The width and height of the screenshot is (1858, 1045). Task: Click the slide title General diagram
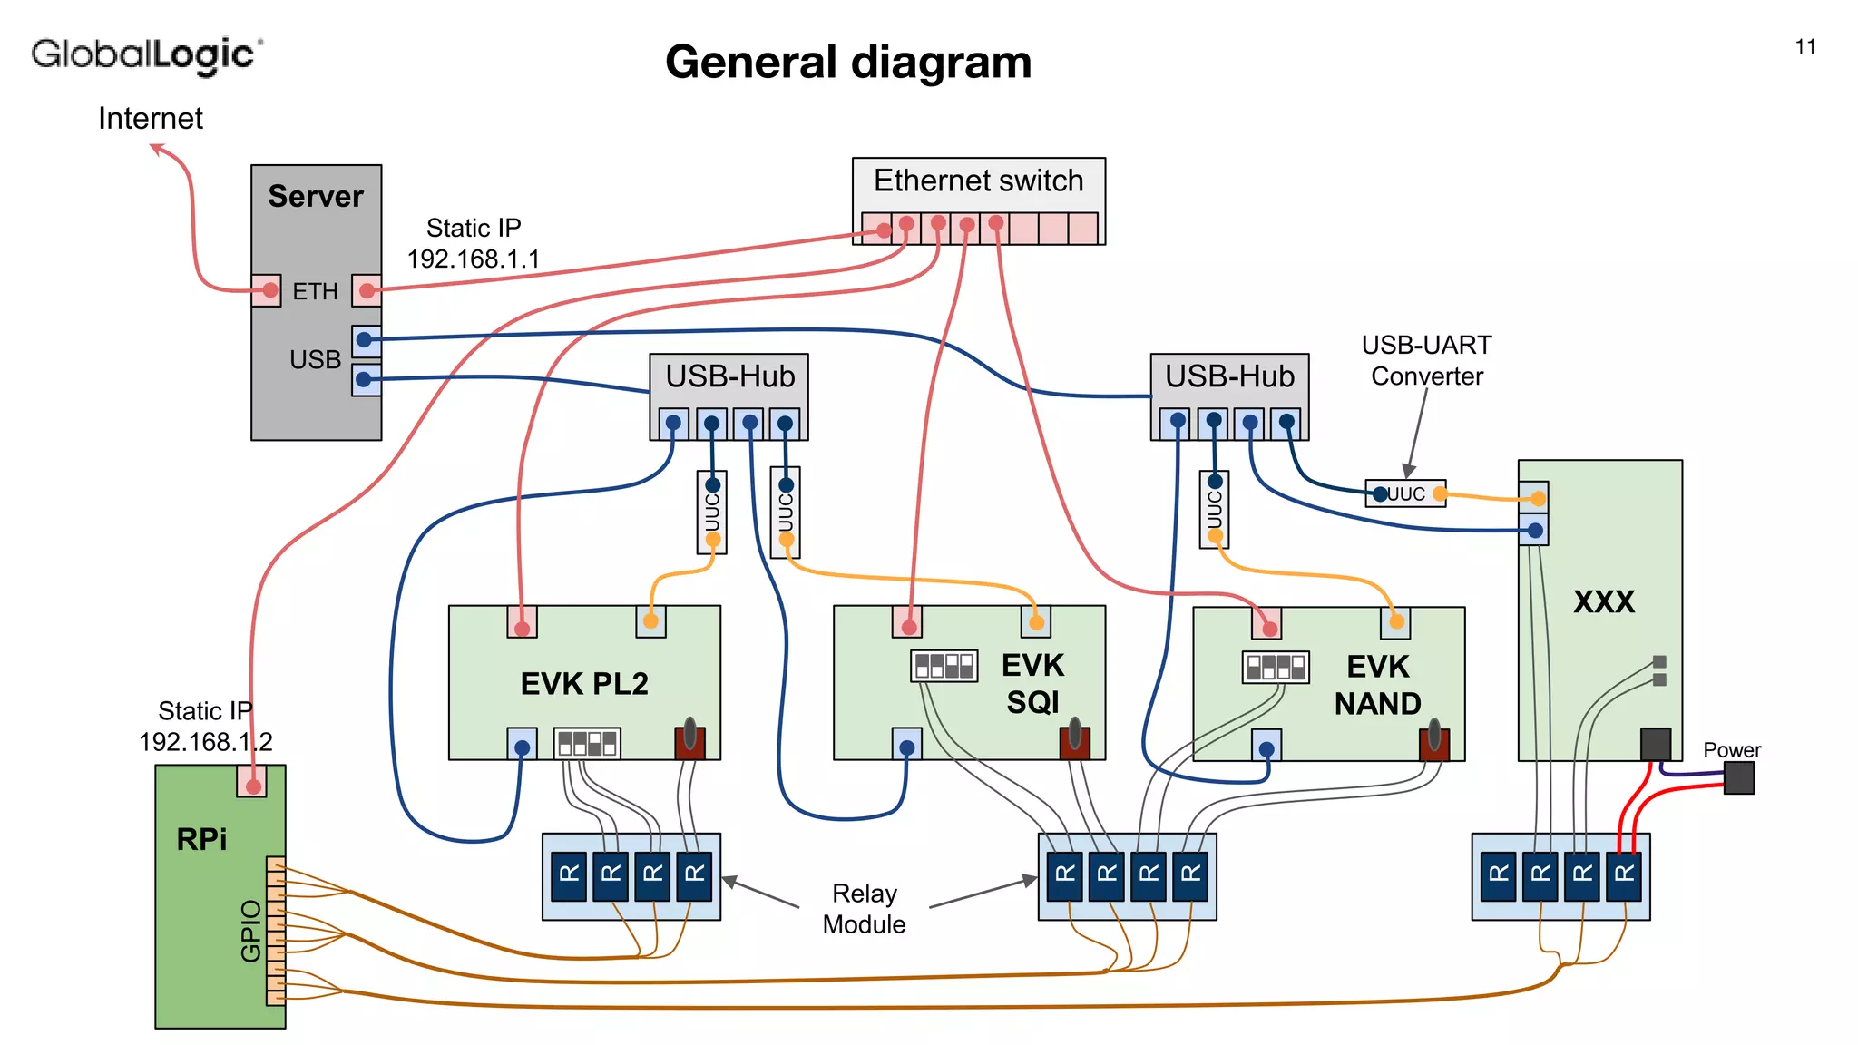[x=847, y=63]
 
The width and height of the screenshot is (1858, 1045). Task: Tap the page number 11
[x=1804, y=47]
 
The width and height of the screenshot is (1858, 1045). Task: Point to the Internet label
[x=150, y=119]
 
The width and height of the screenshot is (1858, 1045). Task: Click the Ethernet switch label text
[x=978, y=181]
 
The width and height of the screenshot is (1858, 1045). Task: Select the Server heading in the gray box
[x=315, y=197]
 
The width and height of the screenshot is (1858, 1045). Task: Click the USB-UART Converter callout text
[x=1426, y=360]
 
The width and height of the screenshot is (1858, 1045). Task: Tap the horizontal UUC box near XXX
[x=1405, y=494]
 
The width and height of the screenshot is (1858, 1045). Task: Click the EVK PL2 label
[x=584, y=684]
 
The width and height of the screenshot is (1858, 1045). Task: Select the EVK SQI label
[x=1032, y=684]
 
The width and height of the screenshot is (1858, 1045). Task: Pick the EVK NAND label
[x=1377, y=685]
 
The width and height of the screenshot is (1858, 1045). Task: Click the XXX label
[x=1603, y=601]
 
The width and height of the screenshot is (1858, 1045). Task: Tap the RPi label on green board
[x=201, y=839]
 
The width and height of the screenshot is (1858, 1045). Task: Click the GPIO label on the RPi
[x=250, y=930]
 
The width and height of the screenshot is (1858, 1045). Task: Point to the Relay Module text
[x=864, y=909]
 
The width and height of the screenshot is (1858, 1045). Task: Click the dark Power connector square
[x=1738, y=778]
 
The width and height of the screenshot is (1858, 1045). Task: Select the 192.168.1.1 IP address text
[x=473, y=259]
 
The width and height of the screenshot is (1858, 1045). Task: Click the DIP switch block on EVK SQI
[x=944, y=666]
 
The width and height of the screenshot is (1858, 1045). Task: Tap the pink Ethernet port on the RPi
[x=252, y=782]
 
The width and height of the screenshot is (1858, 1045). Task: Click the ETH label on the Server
[x=315, y=291]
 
